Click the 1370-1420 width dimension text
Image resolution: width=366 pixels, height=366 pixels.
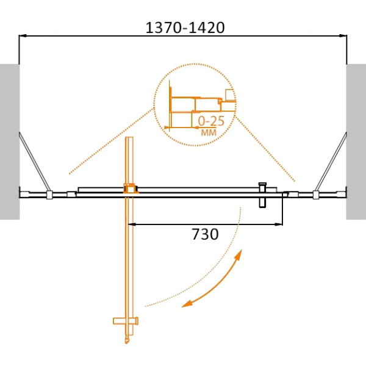[x=185, y=28]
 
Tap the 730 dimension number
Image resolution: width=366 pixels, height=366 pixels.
[x=205, y=234]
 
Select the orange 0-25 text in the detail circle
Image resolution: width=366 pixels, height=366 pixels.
[x=211, y=121]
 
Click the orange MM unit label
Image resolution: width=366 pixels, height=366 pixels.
[x=209, y=132]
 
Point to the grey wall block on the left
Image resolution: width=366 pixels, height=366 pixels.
[x=10, y=142]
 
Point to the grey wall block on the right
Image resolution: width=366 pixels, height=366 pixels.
[x=356, y=142]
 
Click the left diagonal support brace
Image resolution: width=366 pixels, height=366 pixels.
[x=34, y=162]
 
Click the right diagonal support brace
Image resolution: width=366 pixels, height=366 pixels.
[x=331, y=162]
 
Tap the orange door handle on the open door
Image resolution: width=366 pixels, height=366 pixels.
[x=126, y=321]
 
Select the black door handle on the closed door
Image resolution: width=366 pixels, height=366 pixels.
[x=262, y=195]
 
